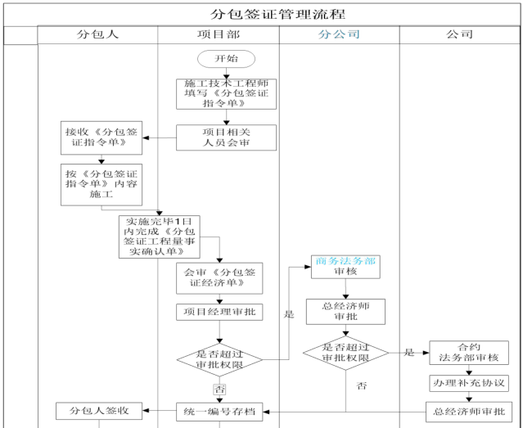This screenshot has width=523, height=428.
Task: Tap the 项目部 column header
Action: coord(218,35)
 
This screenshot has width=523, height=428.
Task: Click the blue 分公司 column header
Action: coord(338,35)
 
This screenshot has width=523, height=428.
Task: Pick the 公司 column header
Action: coord(460,35)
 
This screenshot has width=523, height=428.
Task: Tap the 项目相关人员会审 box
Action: coord(227,137)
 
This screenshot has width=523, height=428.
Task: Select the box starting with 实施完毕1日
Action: coord(159,237)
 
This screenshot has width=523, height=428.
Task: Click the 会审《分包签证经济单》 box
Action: coord(219,277)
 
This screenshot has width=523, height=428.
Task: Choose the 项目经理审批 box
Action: coord(219,312)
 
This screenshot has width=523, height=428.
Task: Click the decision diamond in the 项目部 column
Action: coord(219,358)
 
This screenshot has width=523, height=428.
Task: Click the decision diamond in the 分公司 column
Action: coord(345,353)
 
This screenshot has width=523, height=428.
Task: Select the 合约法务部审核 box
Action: coord(469,353)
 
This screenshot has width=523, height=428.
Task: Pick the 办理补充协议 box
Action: coord(469,384)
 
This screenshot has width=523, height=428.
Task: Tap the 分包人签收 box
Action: coord(98,411)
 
